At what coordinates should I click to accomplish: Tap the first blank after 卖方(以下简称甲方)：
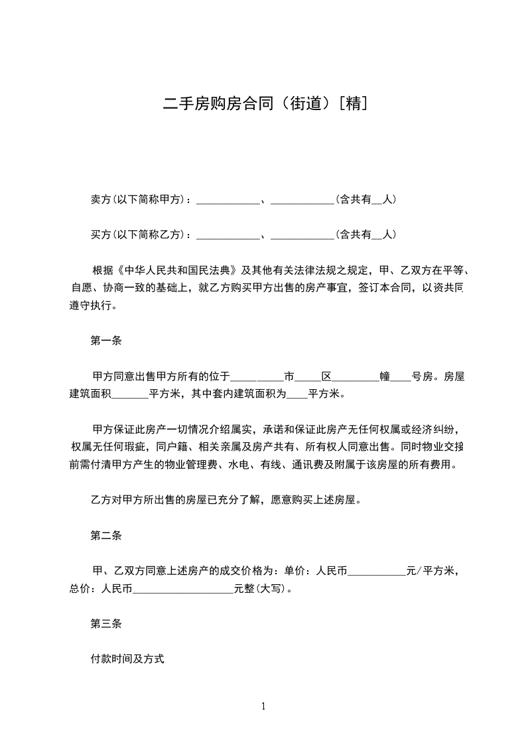(228, 200)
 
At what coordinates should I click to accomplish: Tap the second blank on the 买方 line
(302, 235)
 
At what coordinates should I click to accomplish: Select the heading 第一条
(105, 341)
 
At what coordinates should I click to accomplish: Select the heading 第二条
(105, 536)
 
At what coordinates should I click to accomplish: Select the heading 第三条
(105, 624)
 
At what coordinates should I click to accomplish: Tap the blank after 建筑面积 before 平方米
(130, 395)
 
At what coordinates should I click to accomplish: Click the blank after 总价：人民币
(184, 589)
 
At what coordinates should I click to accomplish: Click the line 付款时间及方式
(127, 660)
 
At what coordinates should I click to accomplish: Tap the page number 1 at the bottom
(263, 706)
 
